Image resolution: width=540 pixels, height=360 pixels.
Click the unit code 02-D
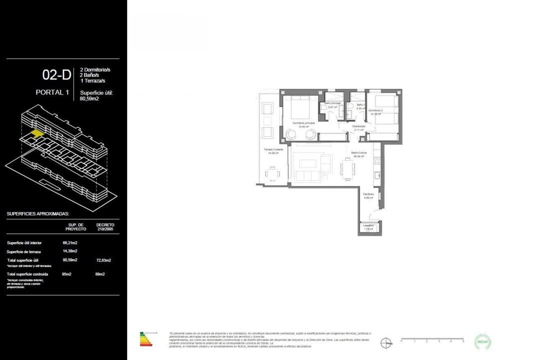point(56,75)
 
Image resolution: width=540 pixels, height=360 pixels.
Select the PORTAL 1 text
point(52,92)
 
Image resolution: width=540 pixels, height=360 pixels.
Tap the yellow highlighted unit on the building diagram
point(36,133)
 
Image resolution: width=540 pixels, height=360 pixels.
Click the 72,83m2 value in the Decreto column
point(103,260)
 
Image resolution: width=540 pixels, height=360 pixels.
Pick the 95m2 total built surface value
point(67,274)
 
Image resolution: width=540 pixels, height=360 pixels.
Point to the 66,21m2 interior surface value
point(70,243)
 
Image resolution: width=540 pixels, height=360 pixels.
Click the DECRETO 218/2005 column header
point(105,227)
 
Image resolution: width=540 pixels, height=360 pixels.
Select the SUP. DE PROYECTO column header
point(76,227)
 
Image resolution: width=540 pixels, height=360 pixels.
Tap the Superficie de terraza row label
point(24,251)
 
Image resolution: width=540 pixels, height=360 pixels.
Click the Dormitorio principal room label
point(303,122)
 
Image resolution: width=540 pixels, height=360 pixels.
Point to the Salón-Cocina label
point(359,153)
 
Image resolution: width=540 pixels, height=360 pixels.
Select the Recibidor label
point(368,194)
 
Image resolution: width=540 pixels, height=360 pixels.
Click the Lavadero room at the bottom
point(369,228)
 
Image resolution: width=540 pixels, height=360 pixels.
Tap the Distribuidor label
point(358,127)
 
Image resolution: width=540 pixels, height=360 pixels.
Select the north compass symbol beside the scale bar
point(385,342)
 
